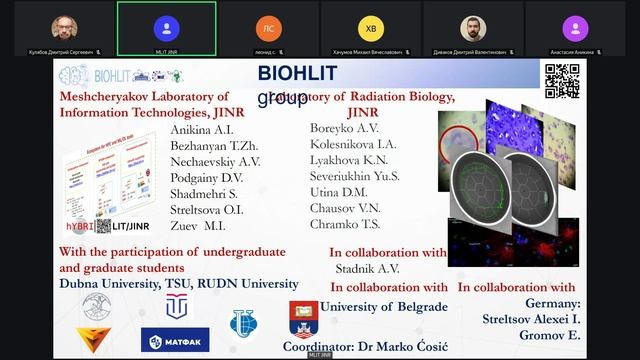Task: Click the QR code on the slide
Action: (x=561, y=81)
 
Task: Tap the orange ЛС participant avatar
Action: (x=267, y=28)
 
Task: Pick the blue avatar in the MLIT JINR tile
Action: (x=166, y=28)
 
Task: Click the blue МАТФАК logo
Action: (x=175, y=341)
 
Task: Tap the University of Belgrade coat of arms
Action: (x=303, y=319)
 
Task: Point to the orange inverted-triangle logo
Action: (x=94, y=341)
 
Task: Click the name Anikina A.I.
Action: (x=204, y=131)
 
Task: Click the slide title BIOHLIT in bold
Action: (x=297, y=73)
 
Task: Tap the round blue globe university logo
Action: (x=243, y=322)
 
